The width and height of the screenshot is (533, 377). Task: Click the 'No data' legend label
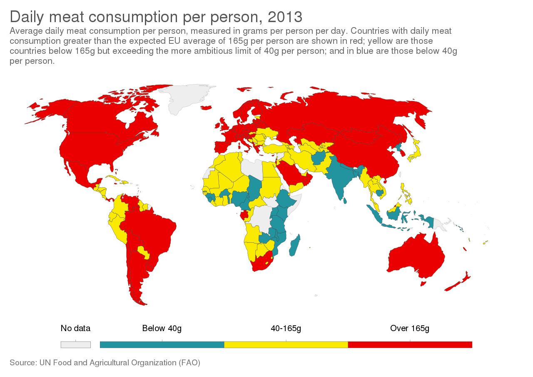(75, 328)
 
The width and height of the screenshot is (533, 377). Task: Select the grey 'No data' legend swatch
(75, 344)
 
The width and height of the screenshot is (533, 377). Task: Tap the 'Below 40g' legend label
(162, 328)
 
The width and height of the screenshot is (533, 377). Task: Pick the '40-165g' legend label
(286, 328)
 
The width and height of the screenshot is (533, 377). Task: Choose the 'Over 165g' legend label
(410, 328)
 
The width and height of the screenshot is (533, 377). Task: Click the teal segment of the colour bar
(162, 344)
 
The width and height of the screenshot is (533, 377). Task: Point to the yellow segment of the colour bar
(286, 344)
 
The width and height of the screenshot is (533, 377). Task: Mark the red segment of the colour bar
(410, 344)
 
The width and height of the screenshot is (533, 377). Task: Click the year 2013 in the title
(285, 17)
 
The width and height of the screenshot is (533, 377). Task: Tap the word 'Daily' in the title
(27, 17)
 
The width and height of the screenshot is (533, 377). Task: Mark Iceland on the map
(206, 108)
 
